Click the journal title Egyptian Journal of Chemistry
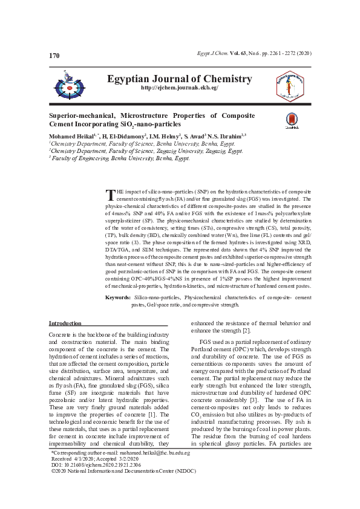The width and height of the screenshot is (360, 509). click(179, 79)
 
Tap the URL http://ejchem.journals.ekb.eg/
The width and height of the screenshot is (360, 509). click(179, 88)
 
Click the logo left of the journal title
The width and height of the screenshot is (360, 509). click(71, 83)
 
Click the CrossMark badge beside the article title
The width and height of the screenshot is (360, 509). click(290, 120)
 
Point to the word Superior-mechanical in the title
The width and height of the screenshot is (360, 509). click(80, 115)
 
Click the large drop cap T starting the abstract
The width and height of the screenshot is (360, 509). click(110, 195)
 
